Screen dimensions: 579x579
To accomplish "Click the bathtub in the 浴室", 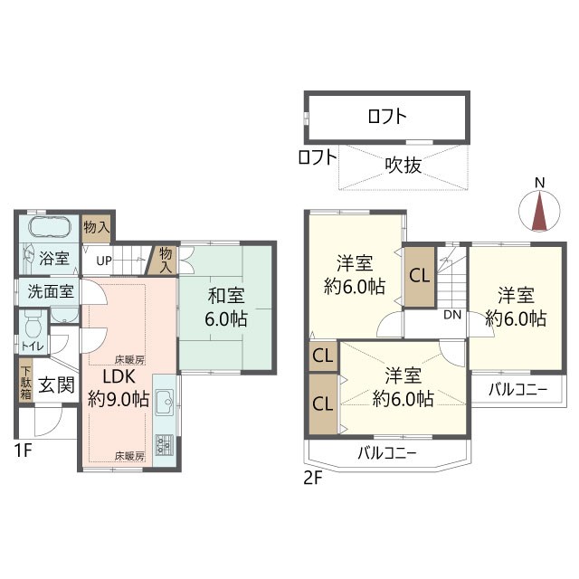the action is (x=50, y=228).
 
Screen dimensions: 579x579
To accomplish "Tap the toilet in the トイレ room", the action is (x=33, y=324).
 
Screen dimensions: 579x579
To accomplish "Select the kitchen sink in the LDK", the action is (x=165, y=402).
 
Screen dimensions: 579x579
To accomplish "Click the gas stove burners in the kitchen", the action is (x=165, y=445).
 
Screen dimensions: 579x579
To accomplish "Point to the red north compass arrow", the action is (x=539, y=211).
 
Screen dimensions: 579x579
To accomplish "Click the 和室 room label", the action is (x=226, y=296).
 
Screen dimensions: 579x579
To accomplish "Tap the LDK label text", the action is (x=119, y=376).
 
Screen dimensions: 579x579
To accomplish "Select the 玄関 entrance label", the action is (x=56, y=385).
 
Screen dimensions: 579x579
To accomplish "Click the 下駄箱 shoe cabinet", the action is (x=26, y=383).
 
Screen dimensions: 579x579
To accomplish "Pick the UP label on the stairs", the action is (x=104, y=261).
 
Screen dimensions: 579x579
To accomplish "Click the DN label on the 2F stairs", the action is (x=452, y=315).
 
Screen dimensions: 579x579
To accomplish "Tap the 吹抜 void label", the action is (x=403, y=165).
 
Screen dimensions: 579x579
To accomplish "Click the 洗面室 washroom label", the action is (x=51, y=291).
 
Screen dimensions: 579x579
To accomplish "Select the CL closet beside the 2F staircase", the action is (x=420, y=276).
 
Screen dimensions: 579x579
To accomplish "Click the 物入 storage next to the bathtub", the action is (x=96, y=228).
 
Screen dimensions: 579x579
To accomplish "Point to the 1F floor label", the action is (x=24, y=451).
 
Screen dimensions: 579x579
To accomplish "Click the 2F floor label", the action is (x=313, y=479).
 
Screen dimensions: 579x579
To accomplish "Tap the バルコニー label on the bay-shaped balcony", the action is (x=387, y=453).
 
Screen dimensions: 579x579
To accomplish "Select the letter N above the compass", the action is (x=540, y=183).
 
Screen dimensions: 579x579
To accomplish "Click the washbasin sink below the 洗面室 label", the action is (x=64, y=315).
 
